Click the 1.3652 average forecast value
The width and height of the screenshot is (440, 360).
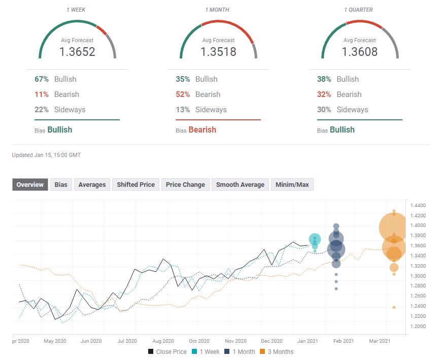77,51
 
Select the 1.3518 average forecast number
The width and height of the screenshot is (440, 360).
218,51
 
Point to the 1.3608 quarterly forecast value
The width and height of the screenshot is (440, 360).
359,51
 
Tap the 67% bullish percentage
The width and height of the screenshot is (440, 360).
42,79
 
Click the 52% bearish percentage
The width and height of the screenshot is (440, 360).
183,94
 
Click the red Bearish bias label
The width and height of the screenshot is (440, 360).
202,130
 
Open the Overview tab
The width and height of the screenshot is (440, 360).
30,185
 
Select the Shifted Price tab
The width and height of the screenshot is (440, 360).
136,185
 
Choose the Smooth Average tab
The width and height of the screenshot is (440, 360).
240,185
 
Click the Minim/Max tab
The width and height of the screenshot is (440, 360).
292,185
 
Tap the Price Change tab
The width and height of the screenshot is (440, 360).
185,185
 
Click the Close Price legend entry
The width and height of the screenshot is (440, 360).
167,351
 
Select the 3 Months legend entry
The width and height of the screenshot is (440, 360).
277,351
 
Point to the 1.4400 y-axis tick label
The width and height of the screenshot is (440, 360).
420,205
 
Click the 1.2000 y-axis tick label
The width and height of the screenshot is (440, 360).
420,326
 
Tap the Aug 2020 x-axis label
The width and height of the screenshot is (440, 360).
163,341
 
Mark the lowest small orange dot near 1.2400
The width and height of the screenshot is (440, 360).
394,307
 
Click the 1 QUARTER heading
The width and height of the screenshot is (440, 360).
359,10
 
